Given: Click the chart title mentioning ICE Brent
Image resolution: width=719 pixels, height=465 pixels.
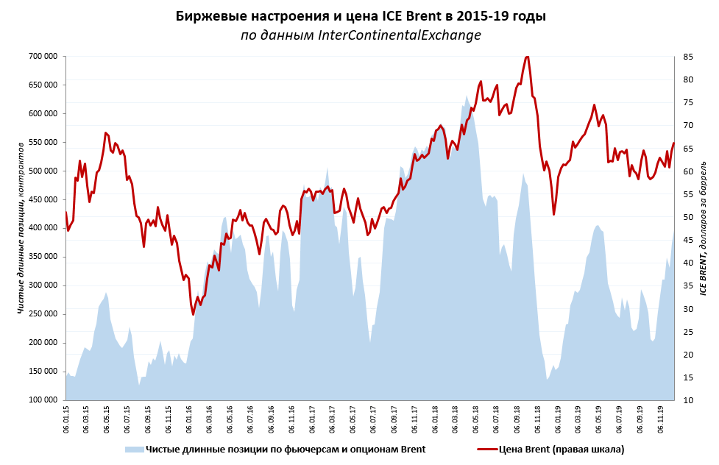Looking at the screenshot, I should [360, 15].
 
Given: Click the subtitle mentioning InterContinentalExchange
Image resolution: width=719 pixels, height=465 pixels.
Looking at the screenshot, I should [360, 35].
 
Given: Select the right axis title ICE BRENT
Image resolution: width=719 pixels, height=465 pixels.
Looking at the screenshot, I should [703, 228].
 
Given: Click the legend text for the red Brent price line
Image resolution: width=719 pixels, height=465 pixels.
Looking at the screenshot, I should [561, 449].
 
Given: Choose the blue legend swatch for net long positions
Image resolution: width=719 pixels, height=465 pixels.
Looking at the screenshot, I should [132, 449].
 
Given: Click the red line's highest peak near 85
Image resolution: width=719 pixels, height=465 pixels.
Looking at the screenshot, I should [527, 57].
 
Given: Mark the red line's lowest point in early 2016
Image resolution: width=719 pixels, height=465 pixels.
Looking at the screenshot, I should [194, 314].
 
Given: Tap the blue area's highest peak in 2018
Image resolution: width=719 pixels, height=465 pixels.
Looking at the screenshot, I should [466, 96].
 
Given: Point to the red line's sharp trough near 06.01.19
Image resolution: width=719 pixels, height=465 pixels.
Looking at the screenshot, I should [554, 214].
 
